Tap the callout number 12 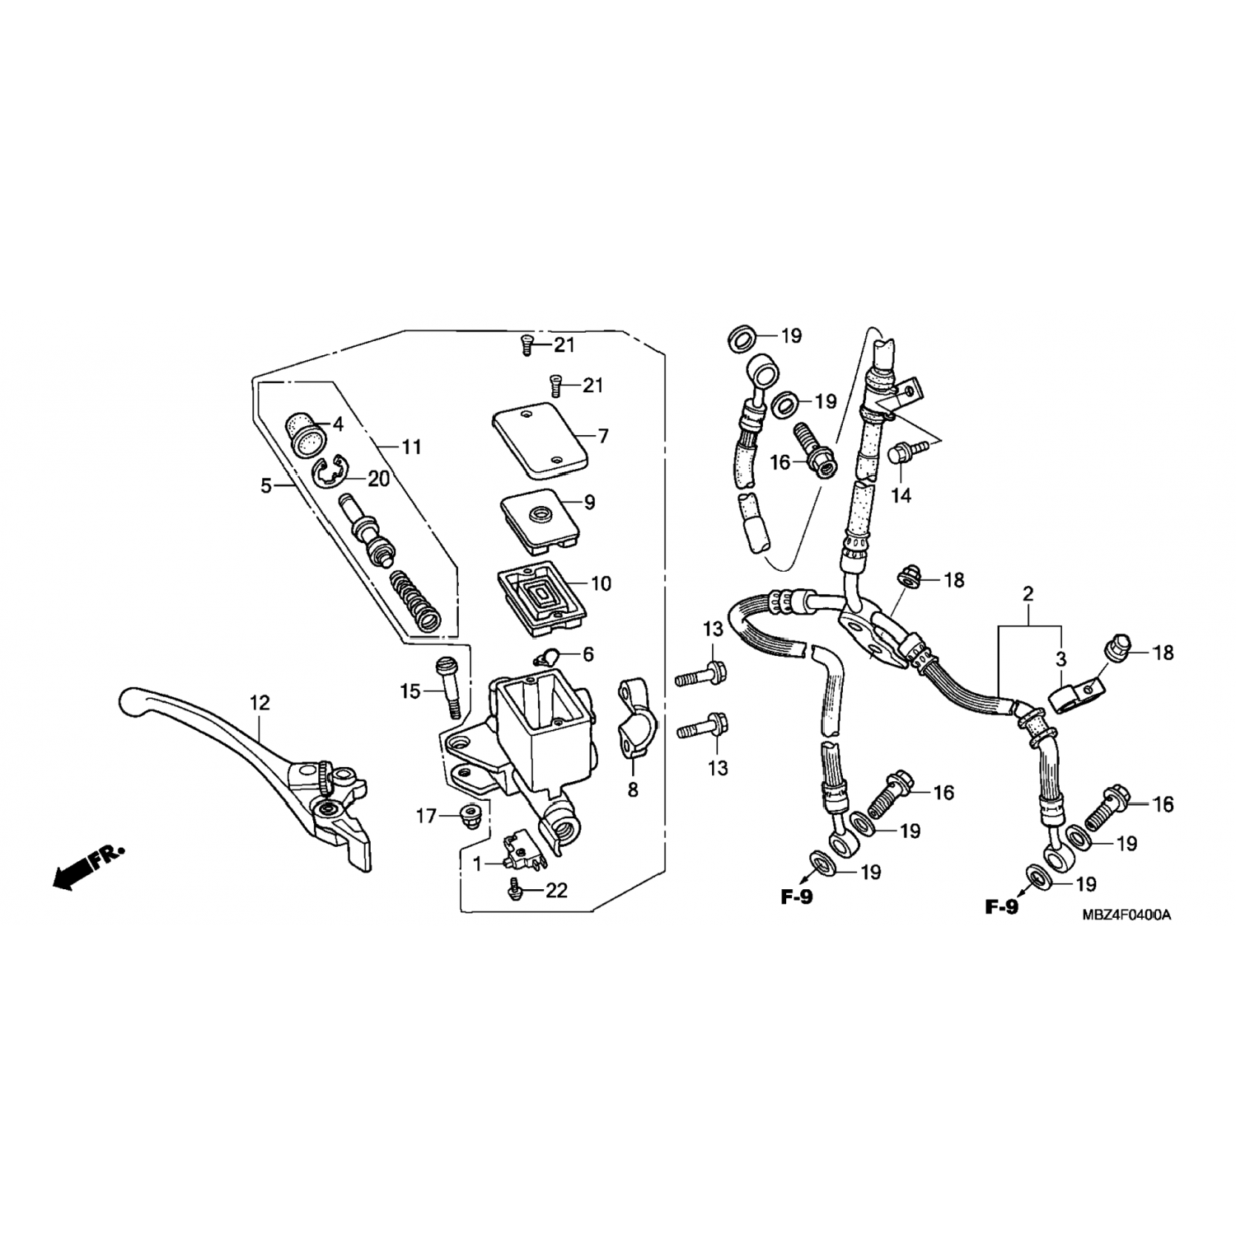(x=260, y=703)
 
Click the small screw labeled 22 (x=516, y=888)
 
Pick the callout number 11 (x=411, y=447)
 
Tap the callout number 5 (x=266, y=486)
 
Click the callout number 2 (x=1028, y=593)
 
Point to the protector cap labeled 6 (x=545, y=657)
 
